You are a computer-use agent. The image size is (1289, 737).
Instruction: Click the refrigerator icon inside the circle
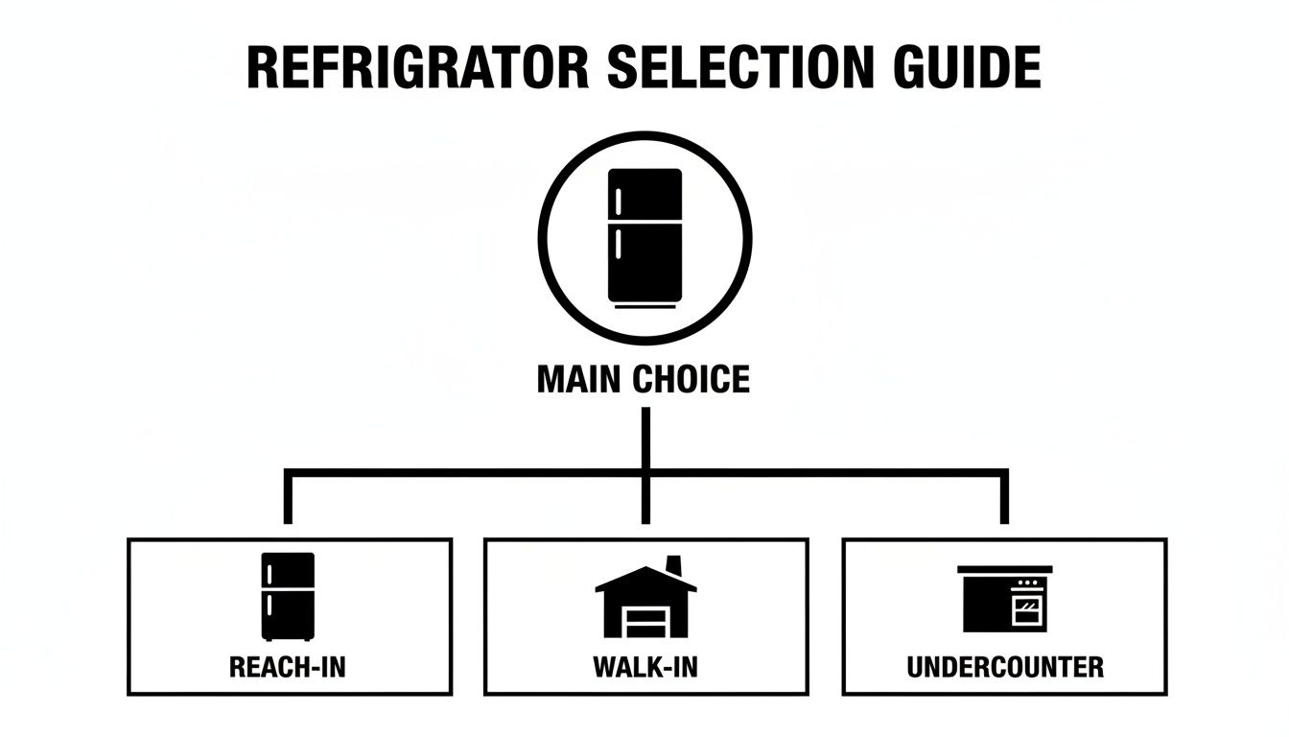pyautogui.click(x=644, y=236)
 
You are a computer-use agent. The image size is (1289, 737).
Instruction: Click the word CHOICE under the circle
pyautogui.click(x=692, y=379)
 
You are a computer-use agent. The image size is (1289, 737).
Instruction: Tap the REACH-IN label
pyautogui.click(x=288, y=666)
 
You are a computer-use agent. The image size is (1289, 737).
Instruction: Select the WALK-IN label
pyautogui.click(x=644, y=666)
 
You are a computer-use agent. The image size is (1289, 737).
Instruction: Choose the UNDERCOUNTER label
pyautogui.click(x=1004, y=666)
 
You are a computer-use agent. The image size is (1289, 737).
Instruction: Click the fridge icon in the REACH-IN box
pyautogui.click(x=288, y=596)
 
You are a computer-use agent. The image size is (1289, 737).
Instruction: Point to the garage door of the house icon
pyautogui.click(x=644, y=622)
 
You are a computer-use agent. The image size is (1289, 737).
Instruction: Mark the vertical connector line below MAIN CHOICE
pyautogui.click(x=645, y=438)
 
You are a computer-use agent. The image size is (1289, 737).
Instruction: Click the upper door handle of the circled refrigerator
pyautogui.click(x=619, y=202)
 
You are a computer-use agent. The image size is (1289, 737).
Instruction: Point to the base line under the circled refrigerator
pyautogui.click(x=644, y=307)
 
